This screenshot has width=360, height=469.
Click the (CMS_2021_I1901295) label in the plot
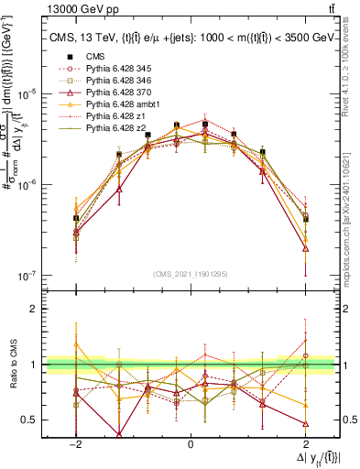point(190,274)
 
